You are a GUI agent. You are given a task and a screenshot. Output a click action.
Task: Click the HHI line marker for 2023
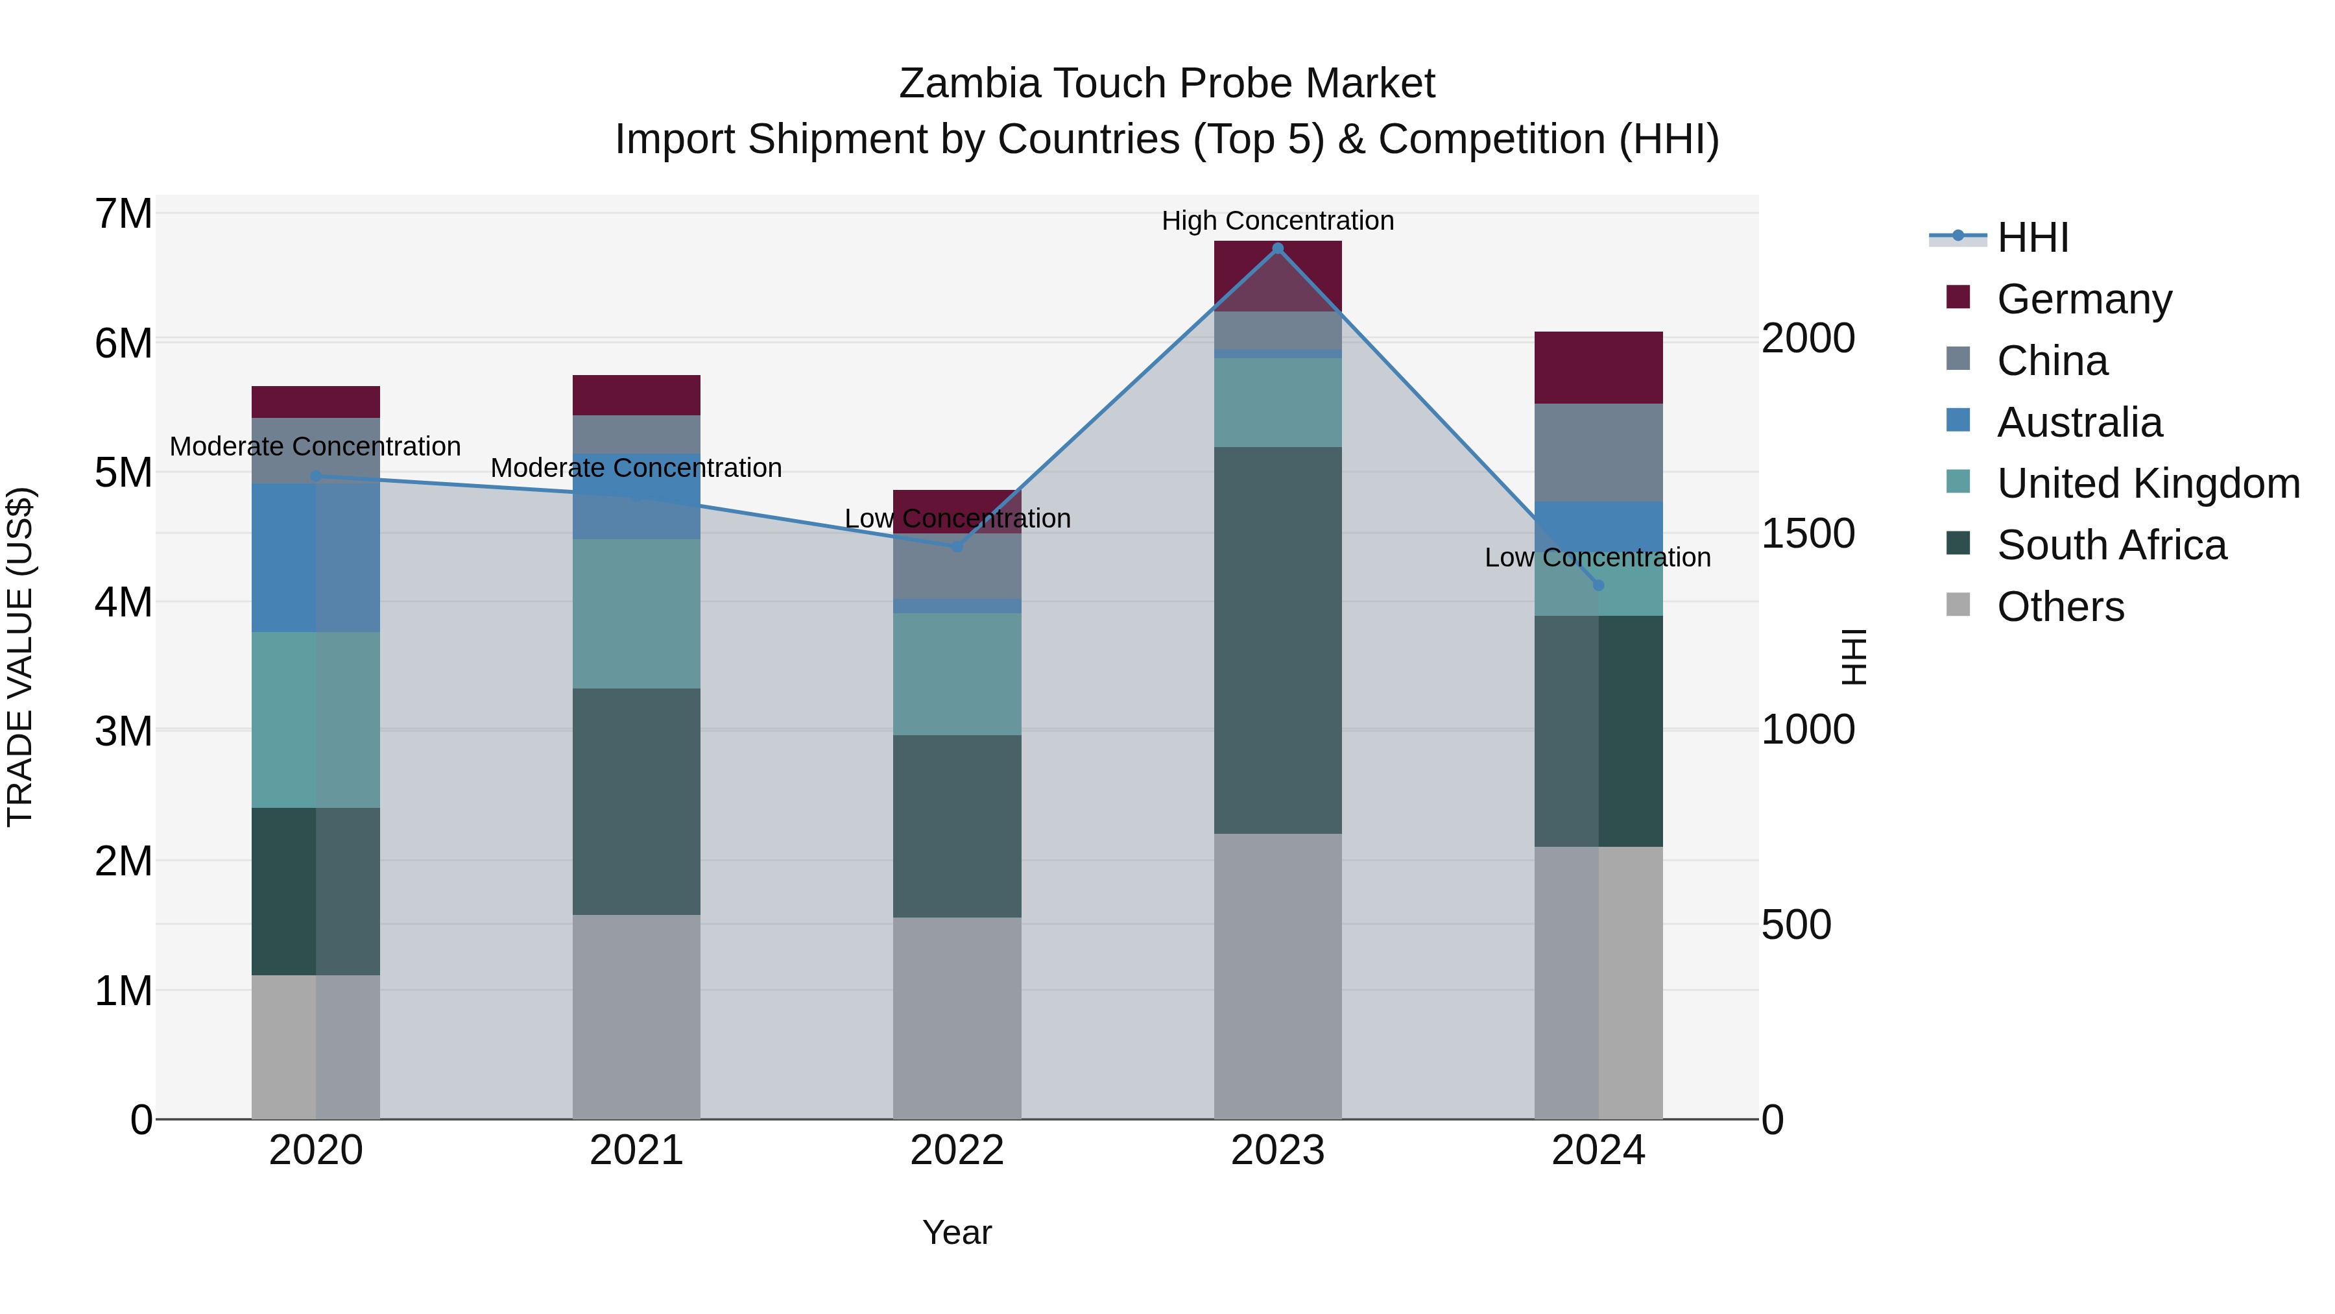(1277, 249)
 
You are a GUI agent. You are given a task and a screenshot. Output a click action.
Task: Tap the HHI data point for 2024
(1598, 585)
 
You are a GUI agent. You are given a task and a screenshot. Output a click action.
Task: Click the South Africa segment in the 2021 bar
(636, 801)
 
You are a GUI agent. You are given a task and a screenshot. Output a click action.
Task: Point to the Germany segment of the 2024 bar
(1598, 367)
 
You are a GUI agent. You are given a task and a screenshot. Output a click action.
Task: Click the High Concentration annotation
(1277, 221)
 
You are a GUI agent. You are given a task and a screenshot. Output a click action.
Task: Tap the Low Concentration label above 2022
(957, 518)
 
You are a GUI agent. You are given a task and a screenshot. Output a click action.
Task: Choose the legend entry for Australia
(2079, 422)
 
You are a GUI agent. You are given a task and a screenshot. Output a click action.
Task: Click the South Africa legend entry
(2111, 545)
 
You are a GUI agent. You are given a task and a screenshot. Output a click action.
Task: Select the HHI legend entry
(2032, 237)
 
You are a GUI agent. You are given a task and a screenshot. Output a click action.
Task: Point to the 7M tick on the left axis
(124, 214)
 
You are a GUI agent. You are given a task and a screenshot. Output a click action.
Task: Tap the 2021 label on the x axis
(636, 1150)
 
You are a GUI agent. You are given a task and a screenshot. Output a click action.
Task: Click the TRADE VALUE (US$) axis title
(20, 657)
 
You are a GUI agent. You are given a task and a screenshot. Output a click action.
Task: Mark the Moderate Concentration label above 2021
(636, 468)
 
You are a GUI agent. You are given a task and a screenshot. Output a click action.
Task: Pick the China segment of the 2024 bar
(1598, 452)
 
